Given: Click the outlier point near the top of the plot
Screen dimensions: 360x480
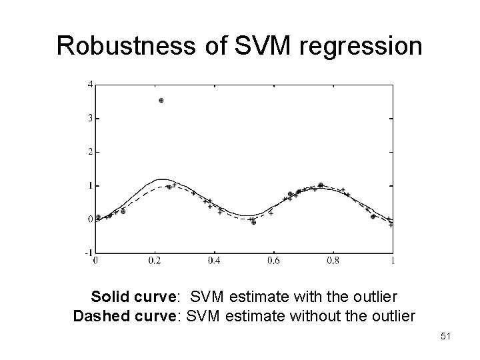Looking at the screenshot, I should (161, 100).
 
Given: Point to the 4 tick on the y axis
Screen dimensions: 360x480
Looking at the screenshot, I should (89, 84).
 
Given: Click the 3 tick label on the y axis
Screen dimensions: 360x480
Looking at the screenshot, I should (89, 118).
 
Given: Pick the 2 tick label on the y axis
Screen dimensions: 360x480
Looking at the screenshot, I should (89, 151).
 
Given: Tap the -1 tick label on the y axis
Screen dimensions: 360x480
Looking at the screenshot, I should (87, 253).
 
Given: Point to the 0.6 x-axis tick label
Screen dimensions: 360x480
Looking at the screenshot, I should (273, 261).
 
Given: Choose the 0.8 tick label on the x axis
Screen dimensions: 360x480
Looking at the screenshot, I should (333, 261).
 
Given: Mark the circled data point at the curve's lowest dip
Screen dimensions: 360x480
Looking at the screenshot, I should (253, 223).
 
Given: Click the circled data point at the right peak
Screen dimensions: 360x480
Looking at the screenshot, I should (321, 185).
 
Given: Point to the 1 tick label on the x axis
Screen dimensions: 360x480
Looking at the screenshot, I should (392, 261).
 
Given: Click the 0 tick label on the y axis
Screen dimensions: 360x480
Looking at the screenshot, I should (89, 219).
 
